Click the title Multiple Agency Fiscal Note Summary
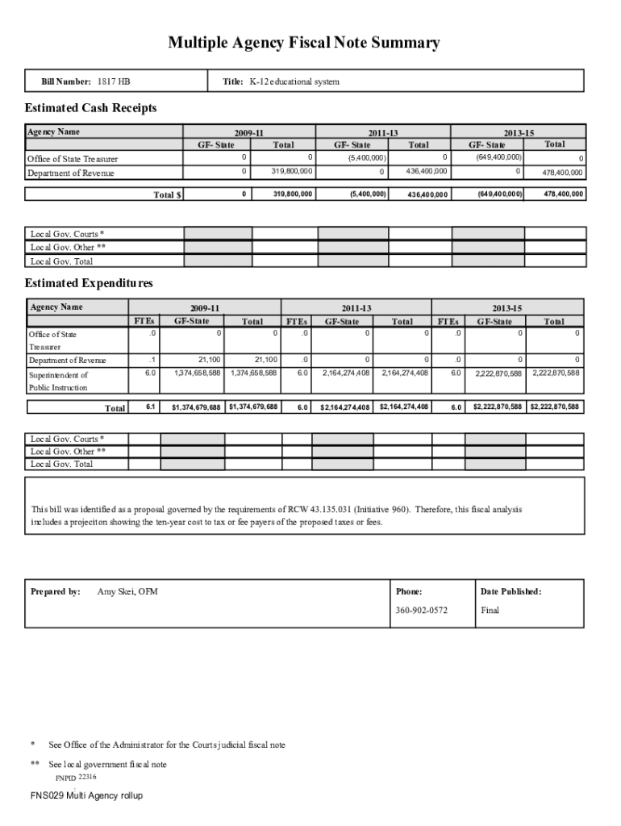point(304,43)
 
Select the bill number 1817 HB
point(114,81)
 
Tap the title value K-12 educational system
point(294,81)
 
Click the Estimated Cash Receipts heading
point(90,108)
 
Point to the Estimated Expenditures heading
point(89,283)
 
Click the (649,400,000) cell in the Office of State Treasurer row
point(498,157)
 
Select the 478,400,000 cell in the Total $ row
point(563,194)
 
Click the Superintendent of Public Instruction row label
point(59,381)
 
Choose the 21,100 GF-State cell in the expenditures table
point(209,360)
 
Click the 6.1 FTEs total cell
point(151,407)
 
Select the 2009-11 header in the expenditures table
point(205,308)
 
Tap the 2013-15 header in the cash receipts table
point(519,132)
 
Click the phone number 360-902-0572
point(421,610)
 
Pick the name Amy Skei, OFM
point(127,591)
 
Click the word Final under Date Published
point(490,610)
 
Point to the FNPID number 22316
point(87,777)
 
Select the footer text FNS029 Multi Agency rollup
point(86,795)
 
